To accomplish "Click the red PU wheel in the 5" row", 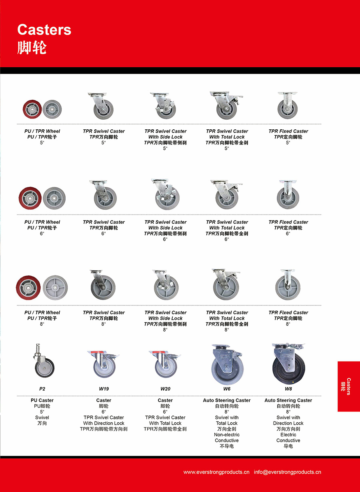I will tap(32, 108).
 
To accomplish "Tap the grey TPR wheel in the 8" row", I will tap(55, 287).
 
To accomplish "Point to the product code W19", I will tap(104, 389).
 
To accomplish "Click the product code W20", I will tap(165, 389).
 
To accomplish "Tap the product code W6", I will tap(227, 389).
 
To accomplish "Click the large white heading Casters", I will tap(44, 30).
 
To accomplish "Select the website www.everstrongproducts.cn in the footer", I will tap(216, 472).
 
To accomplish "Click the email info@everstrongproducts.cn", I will tap(287, 472).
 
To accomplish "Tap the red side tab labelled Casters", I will tap(348, 386).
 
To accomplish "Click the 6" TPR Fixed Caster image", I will tap(288, 194).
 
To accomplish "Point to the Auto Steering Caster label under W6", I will tap(227, 400).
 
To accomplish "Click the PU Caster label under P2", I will tap(42, 400).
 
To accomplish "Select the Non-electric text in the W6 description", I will tap(227, 435).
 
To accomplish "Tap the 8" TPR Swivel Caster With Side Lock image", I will tap(166, 285).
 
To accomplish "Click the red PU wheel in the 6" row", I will tap(30, 198).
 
